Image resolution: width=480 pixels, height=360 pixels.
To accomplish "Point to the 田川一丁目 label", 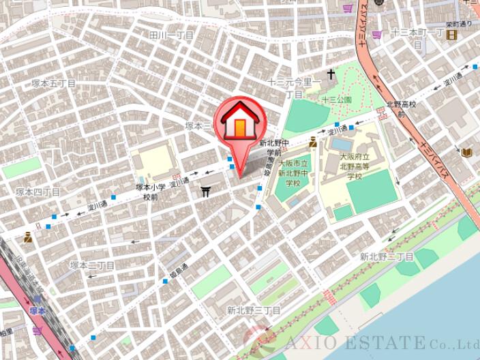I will (171, 35).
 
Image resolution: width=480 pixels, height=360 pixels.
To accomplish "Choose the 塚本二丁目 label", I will (91, 265).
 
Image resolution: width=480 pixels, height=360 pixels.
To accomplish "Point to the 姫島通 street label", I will (177, 271).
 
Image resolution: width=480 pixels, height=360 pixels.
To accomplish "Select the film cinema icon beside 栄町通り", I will (451, 35).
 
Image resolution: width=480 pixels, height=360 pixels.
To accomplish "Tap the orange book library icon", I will (467, 152).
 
